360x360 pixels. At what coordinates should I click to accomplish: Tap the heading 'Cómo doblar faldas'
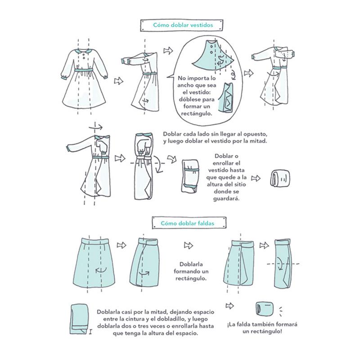[x=183, y=223]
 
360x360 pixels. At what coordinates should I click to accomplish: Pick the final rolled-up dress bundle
[x=278, y=178]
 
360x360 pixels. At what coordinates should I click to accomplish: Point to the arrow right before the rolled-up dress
[x=256, y=178]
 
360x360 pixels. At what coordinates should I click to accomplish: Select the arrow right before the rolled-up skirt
[x=230, y=306]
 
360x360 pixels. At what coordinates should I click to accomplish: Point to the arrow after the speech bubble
[x=247, y=72]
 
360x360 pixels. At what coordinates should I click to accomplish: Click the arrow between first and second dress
[x=118, y=81]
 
